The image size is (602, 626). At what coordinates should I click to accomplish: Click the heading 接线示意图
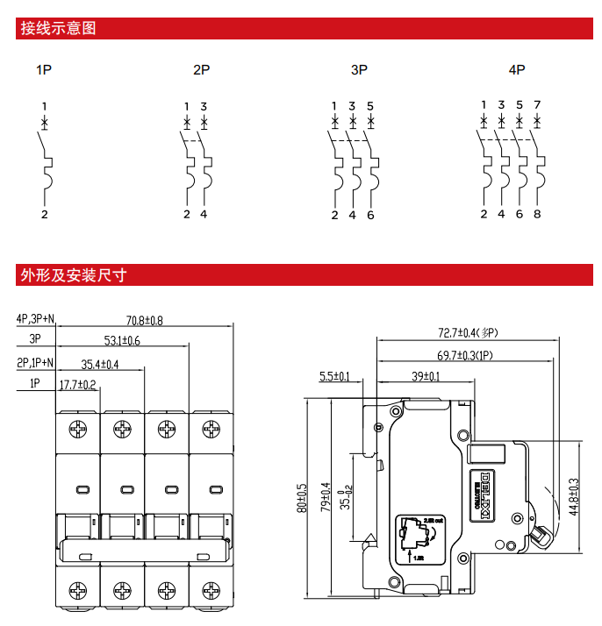coord(58,28)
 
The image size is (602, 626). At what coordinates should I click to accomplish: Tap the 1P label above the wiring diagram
coord(44,69)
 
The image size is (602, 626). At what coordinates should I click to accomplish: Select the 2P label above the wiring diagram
coord(202,69)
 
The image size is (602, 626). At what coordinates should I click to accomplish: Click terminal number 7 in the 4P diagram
coord(537,105)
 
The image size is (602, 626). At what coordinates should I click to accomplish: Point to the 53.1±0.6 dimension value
coord(123,340)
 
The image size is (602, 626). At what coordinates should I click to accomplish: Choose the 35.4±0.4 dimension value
coord(100,364)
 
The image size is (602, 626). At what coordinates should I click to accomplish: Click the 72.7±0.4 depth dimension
coord(468,333)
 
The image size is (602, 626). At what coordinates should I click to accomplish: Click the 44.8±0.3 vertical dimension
coord(573,495)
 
